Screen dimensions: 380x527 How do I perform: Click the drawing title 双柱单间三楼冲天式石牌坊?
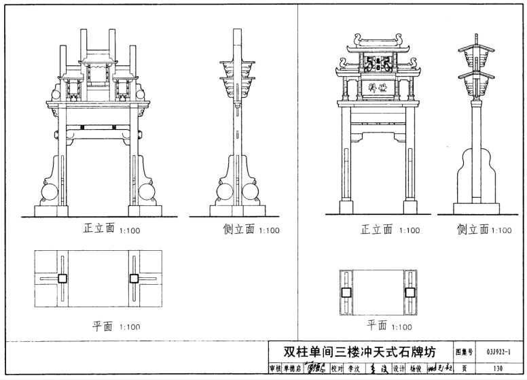click(360, 351)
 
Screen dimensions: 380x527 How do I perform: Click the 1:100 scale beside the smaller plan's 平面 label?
click(401, 326)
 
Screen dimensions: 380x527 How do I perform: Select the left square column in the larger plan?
click(62, 278)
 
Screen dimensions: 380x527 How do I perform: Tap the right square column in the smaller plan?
click(410, 293)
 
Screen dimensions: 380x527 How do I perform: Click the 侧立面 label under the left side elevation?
click(238, 229)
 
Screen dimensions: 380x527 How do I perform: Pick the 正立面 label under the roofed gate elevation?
click(376, 230)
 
